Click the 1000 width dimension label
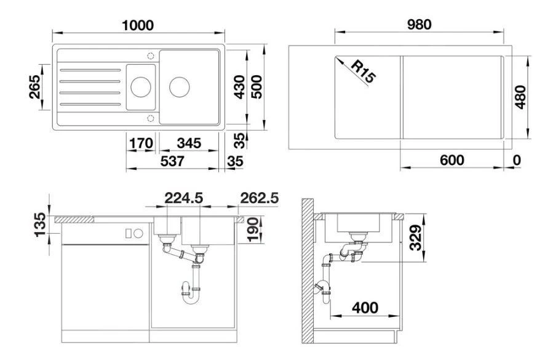pyautogui.click(x=138, y=25)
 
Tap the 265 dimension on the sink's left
pyautogui.click(x=34, y=87)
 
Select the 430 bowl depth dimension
pyautogui.click(x=239, y=87)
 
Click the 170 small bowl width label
pyautogui.click(x=141, y=143)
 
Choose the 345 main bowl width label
pyautogui.click(x=189, y=143)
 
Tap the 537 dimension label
pyautogui.click(x=172, y=161)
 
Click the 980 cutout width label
pyautogui.click(x=419, y=25)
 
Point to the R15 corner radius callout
pyautogui.click(x=364, y=71)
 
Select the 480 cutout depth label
pyautogui.click(x=520, y=97)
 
